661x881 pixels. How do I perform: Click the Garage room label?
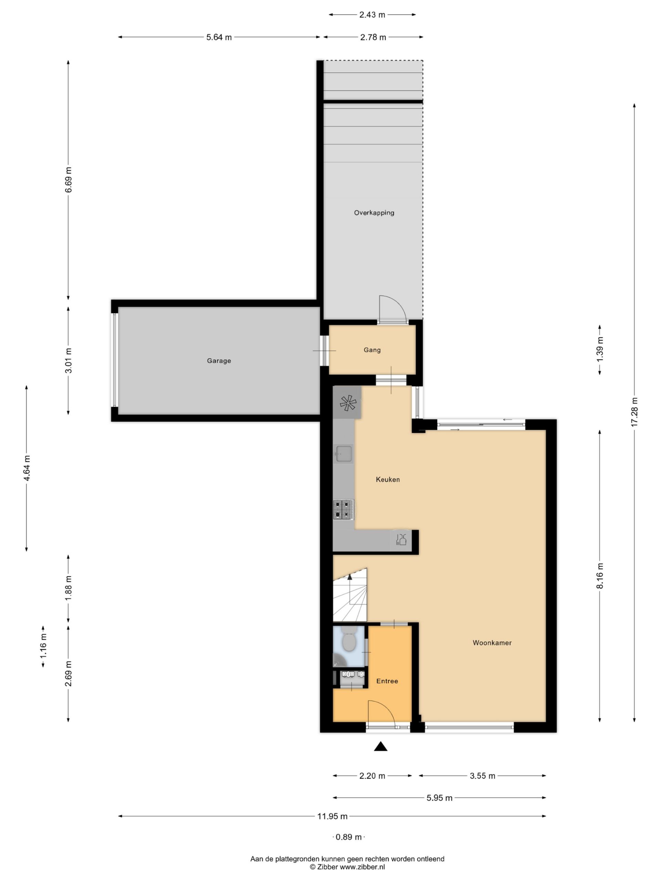pos(219,361)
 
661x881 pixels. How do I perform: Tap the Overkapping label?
pos(374,213)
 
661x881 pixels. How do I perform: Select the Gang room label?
pos(372,350)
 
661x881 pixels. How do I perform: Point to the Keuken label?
pos(388,479)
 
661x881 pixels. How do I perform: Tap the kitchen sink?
pos(344,454)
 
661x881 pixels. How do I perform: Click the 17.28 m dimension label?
pos(634,413)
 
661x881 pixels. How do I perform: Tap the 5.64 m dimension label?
pos(219,38)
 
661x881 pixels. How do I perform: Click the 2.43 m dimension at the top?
pos(372,15)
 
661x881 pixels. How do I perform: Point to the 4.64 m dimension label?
pos(27,468)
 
